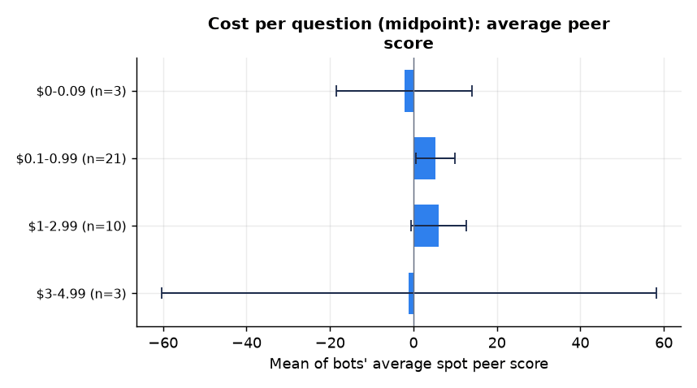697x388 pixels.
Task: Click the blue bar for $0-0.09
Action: (x=409, y=91)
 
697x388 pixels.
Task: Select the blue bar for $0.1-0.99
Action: (x=425, y=158)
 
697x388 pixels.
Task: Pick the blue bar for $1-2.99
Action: (x=426, y=226)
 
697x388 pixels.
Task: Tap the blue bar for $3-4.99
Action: (x=411, y=294)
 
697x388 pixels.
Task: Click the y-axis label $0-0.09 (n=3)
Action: (x=81, y=92)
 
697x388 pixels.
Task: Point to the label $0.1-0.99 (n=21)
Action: (x=71, y=158)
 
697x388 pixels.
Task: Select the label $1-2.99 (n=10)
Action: (x=77, y=226)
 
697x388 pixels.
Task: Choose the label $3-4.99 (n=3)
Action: (x=81, y=294)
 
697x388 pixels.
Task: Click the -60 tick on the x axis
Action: (x=163, y=343)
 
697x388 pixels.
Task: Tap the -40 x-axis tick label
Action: (x=247, y=343)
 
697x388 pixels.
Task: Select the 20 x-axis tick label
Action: (x=497, y=343)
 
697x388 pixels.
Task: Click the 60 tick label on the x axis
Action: (x=665, y=343)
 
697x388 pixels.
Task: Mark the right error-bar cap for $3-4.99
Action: (x=656, y=293)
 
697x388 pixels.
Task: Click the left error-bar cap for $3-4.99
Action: (x=162, y=293)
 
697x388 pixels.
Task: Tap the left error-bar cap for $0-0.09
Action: (x=336, y=91)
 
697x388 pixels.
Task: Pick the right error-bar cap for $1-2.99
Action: (x=465, y=226)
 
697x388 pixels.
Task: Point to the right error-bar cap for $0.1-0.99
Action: (x=455, y=158)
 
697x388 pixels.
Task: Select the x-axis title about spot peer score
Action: (x=409, y=364)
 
